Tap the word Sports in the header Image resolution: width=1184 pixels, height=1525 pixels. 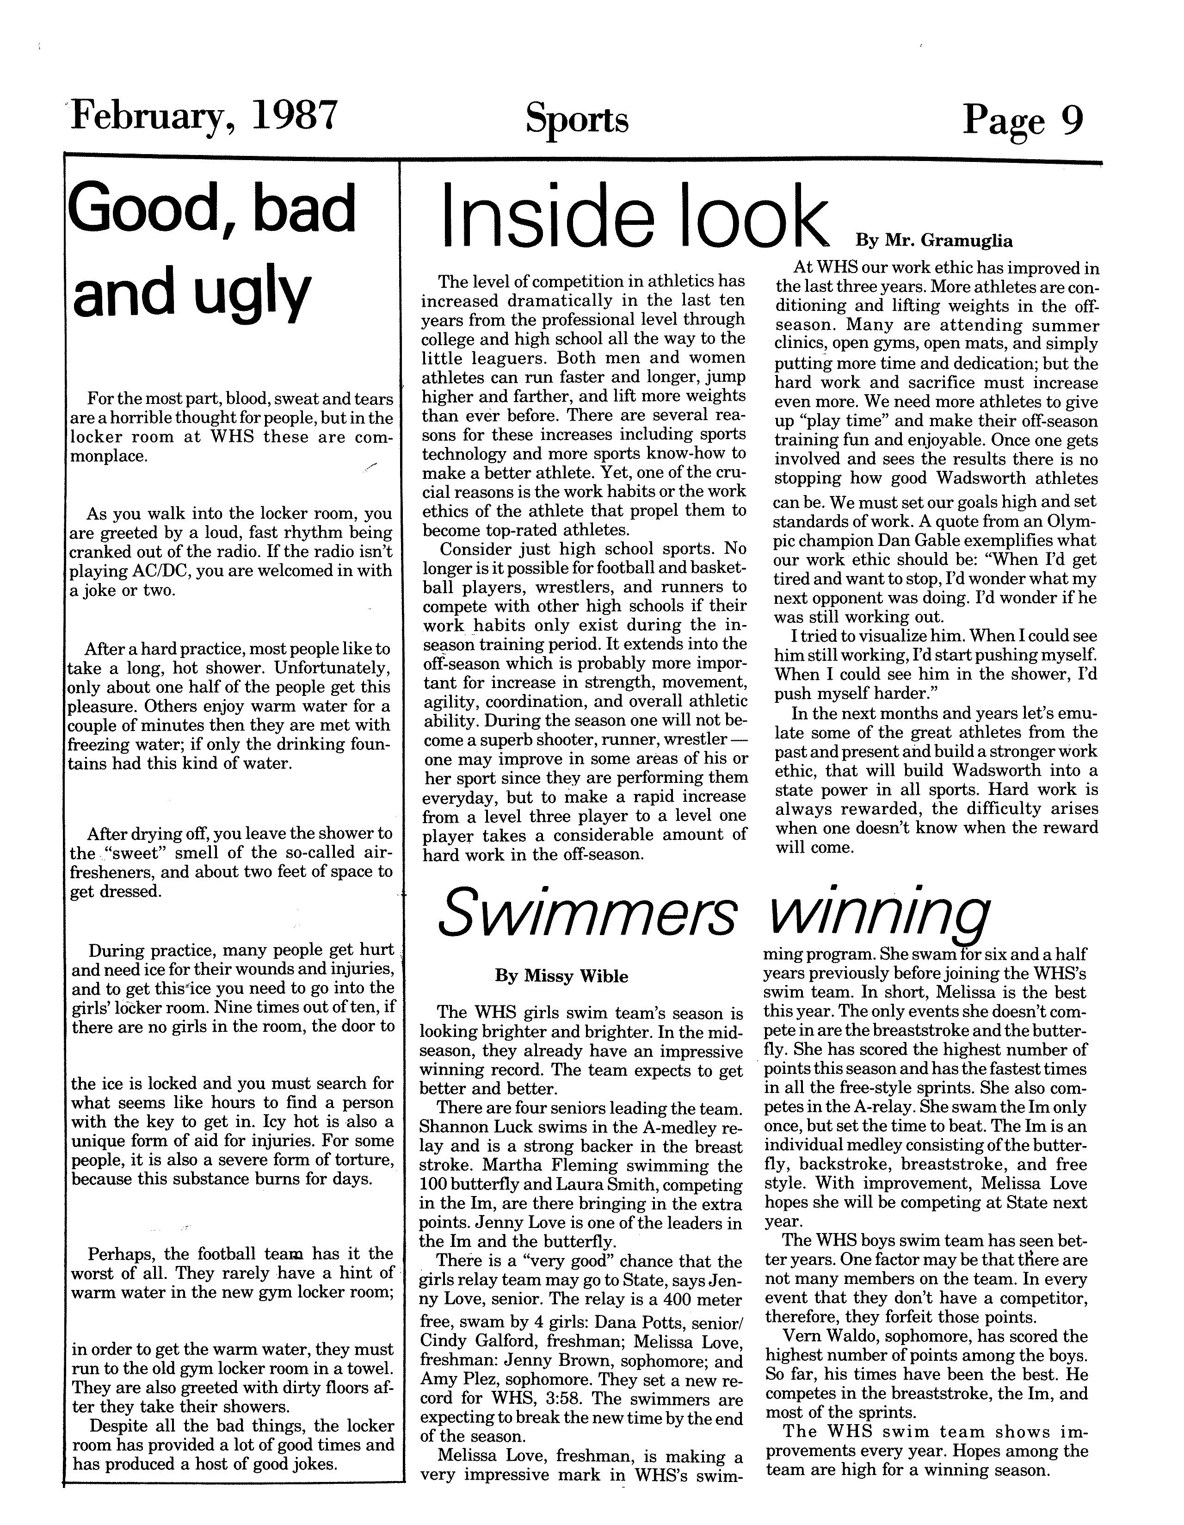577,119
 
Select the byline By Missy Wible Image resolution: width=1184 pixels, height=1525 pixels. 561,976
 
